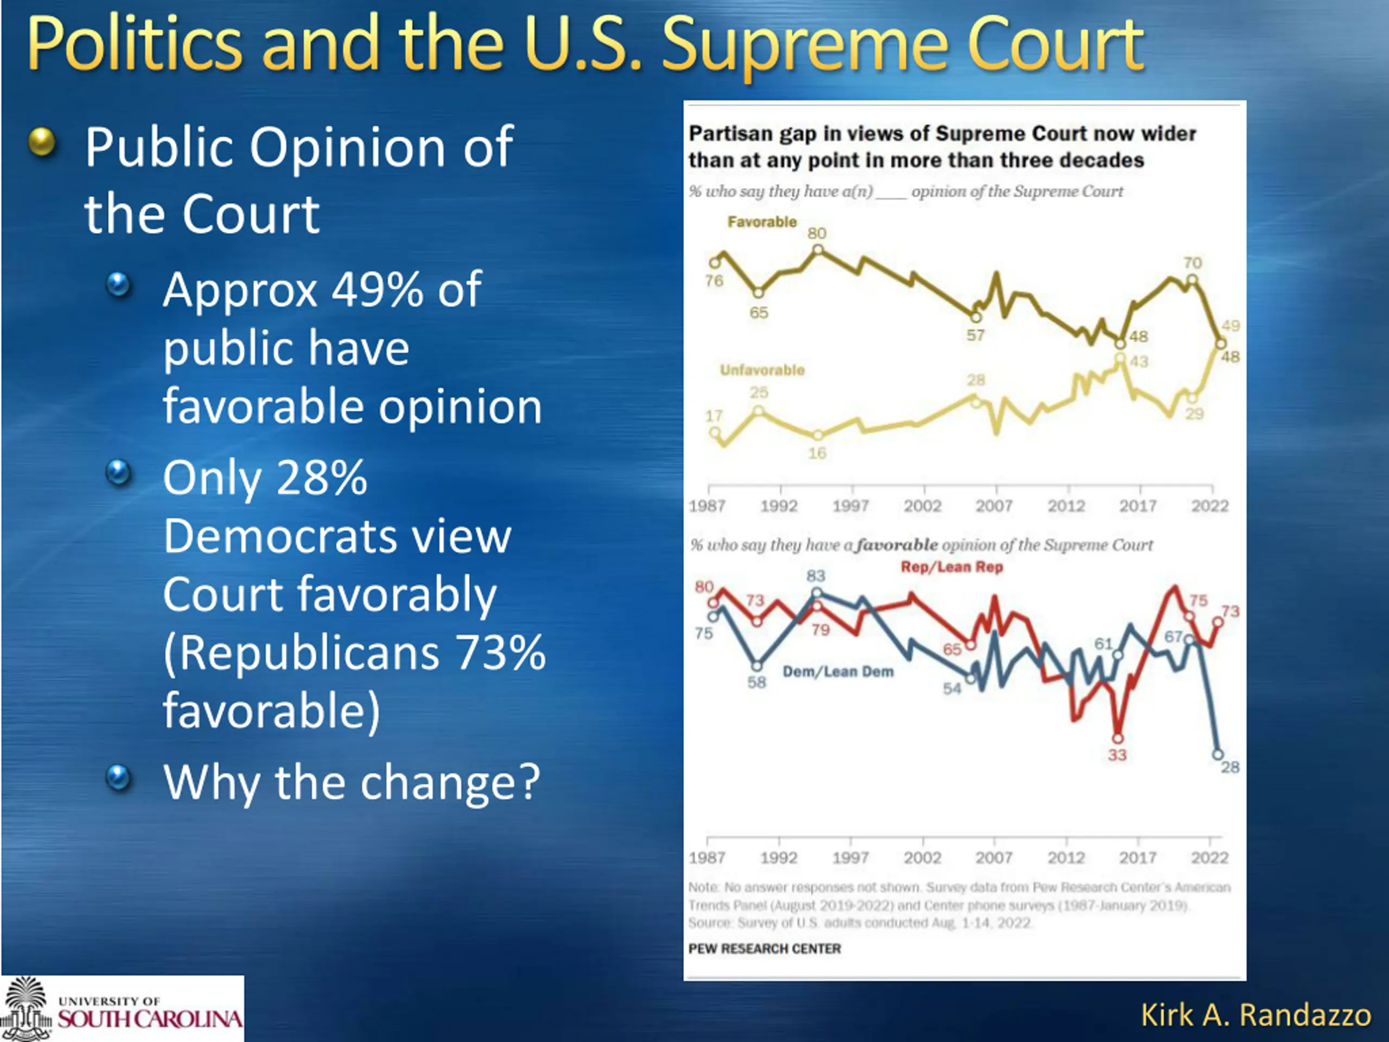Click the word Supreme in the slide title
(x=805, y=45)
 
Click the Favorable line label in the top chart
(x=762, y=222)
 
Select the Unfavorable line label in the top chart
(x=762, y=370)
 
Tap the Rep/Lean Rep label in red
(x=951, y=567)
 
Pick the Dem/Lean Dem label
(x=838, y=671)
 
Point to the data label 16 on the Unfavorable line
(x=817, y=453)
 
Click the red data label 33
(x=1117, y=755)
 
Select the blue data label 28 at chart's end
(x=1229, y=767)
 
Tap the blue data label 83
(x=815, y=576)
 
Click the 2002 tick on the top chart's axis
(x=922, y=506)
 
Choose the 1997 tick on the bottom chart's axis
(x=850, y=857)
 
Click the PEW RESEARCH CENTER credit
(x=764, y=949)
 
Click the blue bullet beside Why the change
(x=118, y=779)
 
